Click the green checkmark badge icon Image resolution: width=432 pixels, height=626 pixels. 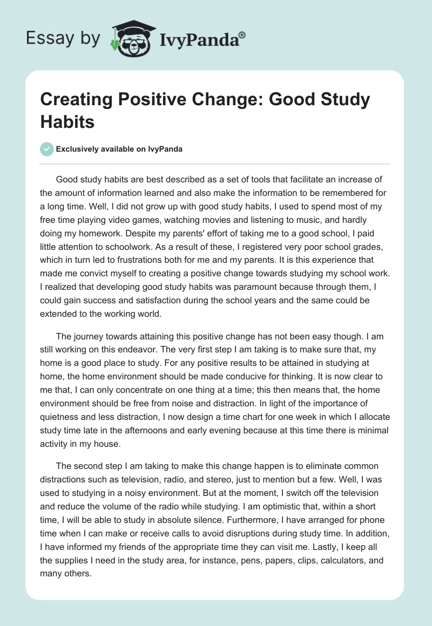click(47, 149)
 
